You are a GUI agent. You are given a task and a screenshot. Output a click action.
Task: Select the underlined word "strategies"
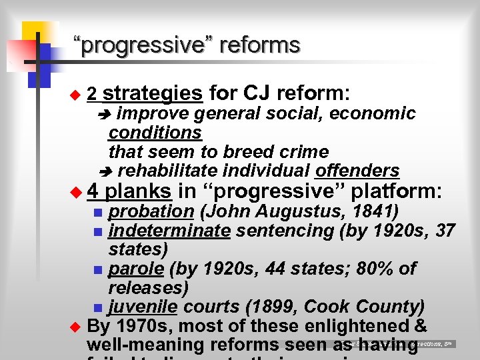[153, 93]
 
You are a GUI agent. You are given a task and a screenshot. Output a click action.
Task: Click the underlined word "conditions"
[155, 132]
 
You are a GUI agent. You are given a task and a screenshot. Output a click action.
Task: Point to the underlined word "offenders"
[357, 171]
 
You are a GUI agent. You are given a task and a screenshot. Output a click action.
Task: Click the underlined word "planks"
[139, 192]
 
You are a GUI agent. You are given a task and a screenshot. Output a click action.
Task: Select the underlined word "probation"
[151, 212]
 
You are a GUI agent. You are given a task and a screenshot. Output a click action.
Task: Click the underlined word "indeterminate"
[169, 231]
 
